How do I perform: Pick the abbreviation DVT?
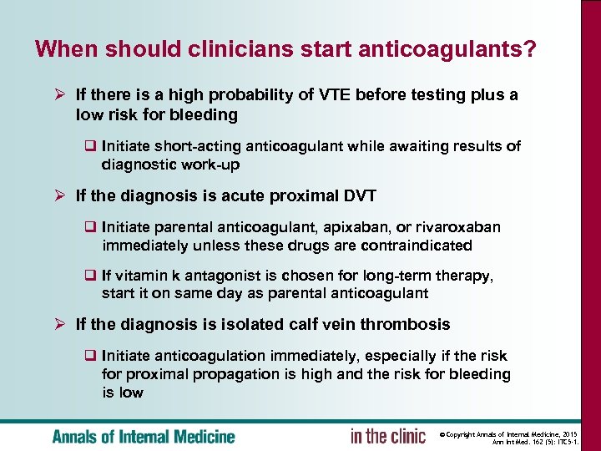coord(357,195)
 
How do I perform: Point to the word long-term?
coord(386,276)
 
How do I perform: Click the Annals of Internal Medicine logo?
coord(144,436)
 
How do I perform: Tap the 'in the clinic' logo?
coord(387,436)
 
